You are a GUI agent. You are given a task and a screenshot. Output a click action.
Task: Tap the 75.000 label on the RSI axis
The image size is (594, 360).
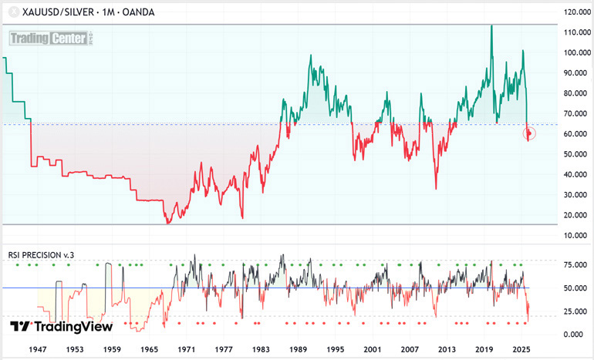click(x=572, y=264)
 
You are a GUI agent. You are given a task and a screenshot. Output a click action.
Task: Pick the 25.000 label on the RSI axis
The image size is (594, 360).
click(x=572, y=311)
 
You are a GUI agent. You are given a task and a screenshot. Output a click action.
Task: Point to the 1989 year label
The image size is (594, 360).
click(x=297, y=349)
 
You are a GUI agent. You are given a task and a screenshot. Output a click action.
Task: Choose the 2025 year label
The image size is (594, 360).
click(x=522, y=349)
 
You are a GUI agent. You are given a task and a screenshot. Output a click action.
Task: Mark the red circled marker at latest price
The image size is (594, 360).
click(x=530, y=133)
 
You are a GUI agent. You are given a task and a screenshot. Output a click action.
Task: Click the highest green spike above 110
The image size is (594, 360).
click(x=491, y=26)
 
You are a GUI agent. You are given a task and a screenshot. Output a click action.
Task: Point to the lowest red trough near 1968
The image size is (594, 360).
click(x=167, y=223)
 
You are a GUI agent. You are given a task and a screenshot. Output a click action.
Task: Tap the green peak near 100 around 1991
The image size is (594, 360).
click(x=310, y=56)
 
